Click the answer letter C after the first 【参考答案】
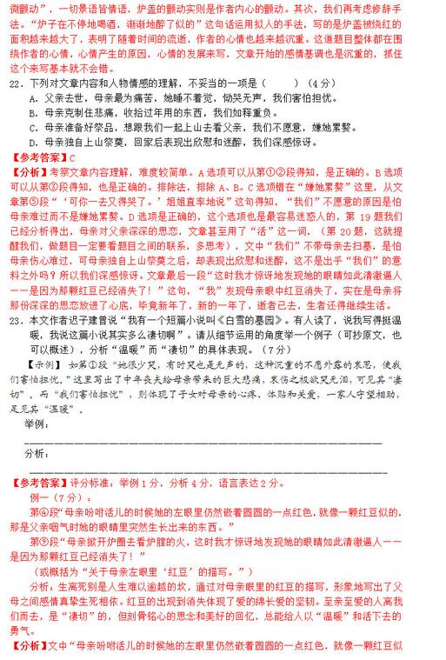pos(73,157)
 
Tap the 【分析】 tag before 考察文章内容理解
pos(30,171)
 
